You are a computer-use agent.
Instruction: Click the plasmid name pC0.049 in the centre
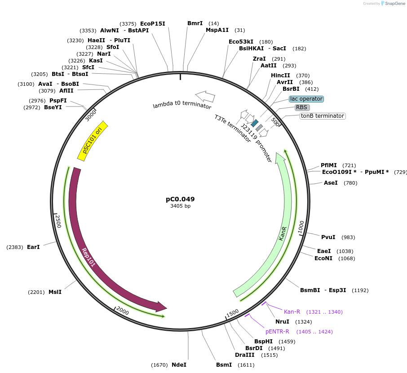click(x=180, y=199)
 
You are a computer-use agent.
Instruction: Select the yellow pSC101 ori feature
click(x=93, y=141)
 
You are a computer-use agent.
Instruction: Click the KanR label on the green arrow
click(x=283, y=233)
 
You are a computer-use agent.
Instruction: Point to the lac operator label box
click(x=306, y=99)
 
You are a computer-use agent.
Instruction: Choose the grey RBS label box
click(x=301, y=107)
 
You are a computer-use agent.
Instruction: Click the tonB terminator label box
click(x=323, y=116)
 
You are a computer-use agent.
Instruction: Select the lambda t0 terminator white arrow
click(x=205, y=96)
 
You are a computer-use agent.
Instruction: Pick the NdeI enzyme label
click(x=179, y=365)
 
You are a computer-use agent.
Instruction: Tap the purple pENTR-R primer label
click(x=277, y=332)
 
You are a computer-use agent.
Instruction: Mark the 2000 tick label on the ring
click(x=122, y=311)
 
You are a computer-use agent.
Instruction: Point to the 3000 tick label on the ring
click(x=91, y=115)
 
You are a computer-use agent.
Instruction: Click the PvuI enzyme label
click(x=328, y=237)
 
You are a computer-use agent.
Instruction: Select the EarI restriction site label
click(x=33, y=247)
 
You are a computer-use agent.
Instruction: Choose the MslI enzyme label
click(x=55, y=292)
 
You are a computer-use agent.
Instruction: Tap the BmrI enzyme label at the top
click(x=195, y=23)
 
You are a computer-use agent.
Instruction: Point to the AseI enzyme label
click(x=331, y=183)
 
